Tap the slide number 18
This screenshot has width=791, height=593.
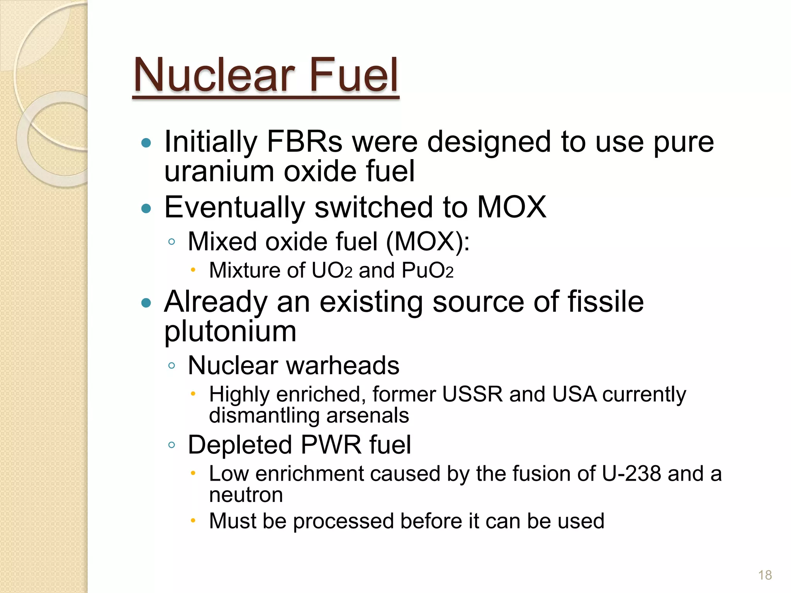[x=765, y=575]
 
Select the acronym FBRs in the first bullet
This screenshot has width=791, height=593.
[x=304, y=142]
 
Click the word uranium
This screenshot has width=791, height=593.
[x=219, y=171]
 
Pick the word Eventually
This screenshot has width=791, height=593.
[x=234, y=208]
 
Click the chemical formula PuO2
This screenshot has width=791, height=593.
[x=427, y=270]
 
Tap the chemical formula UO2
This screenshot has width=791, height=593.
[x=332, y=270]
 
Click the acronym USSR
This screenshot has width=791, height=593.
[x=472, y=394]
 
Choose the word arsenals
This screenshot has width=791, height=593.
[x=367, y=416]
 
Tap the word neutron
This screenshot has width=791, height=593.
[x=246, y=495]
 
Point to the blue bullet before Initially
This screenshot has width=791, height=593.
[x=146, y=143]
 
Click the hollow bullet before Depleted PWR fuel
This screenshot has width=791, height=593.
[x=172, y=445]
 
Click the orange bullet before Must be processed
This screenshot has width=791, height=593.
[x=194, y=521]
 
